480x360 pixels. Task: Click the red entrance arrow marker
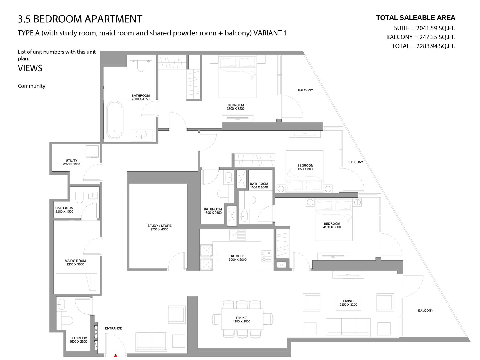pos(115,355)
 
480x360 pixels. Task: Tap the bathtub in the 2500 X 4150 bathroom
pos(115,120)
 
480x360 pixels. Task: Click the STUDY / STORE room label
pos(159,227)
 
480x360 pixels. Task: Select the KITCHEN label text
pos(238,256)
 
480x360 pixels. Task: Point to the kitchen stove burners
pos(267,256)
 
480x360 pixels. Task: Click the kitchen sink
pos(238,235)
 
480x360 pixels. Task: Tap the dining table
pos(242,319)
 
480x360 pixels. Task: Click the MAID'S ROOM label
pos(75,262)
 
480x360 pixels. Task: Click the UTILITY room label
pos(71,162)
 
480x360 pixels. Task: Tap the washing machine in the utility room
pos(92,151)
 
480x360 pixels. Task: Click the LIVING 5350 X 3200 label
pos(348,303)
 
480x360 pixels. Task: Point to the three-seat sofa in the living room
pos(348,327)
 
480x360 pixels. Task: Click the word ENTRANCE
pos(113,328)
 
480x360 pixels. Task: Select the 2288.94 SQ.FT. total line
pos(424,46)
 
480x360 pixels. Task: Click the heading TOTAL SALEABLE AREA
pos(416,18)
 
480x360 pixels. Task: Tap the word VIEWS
pos(30,68)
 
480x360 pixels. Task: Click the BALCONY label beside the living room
pos(425,310)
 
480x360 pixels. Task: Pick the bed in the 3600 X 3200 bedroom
pos(238,77)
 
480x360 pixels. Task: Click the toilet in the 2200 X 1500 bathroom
pos(79,198)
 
